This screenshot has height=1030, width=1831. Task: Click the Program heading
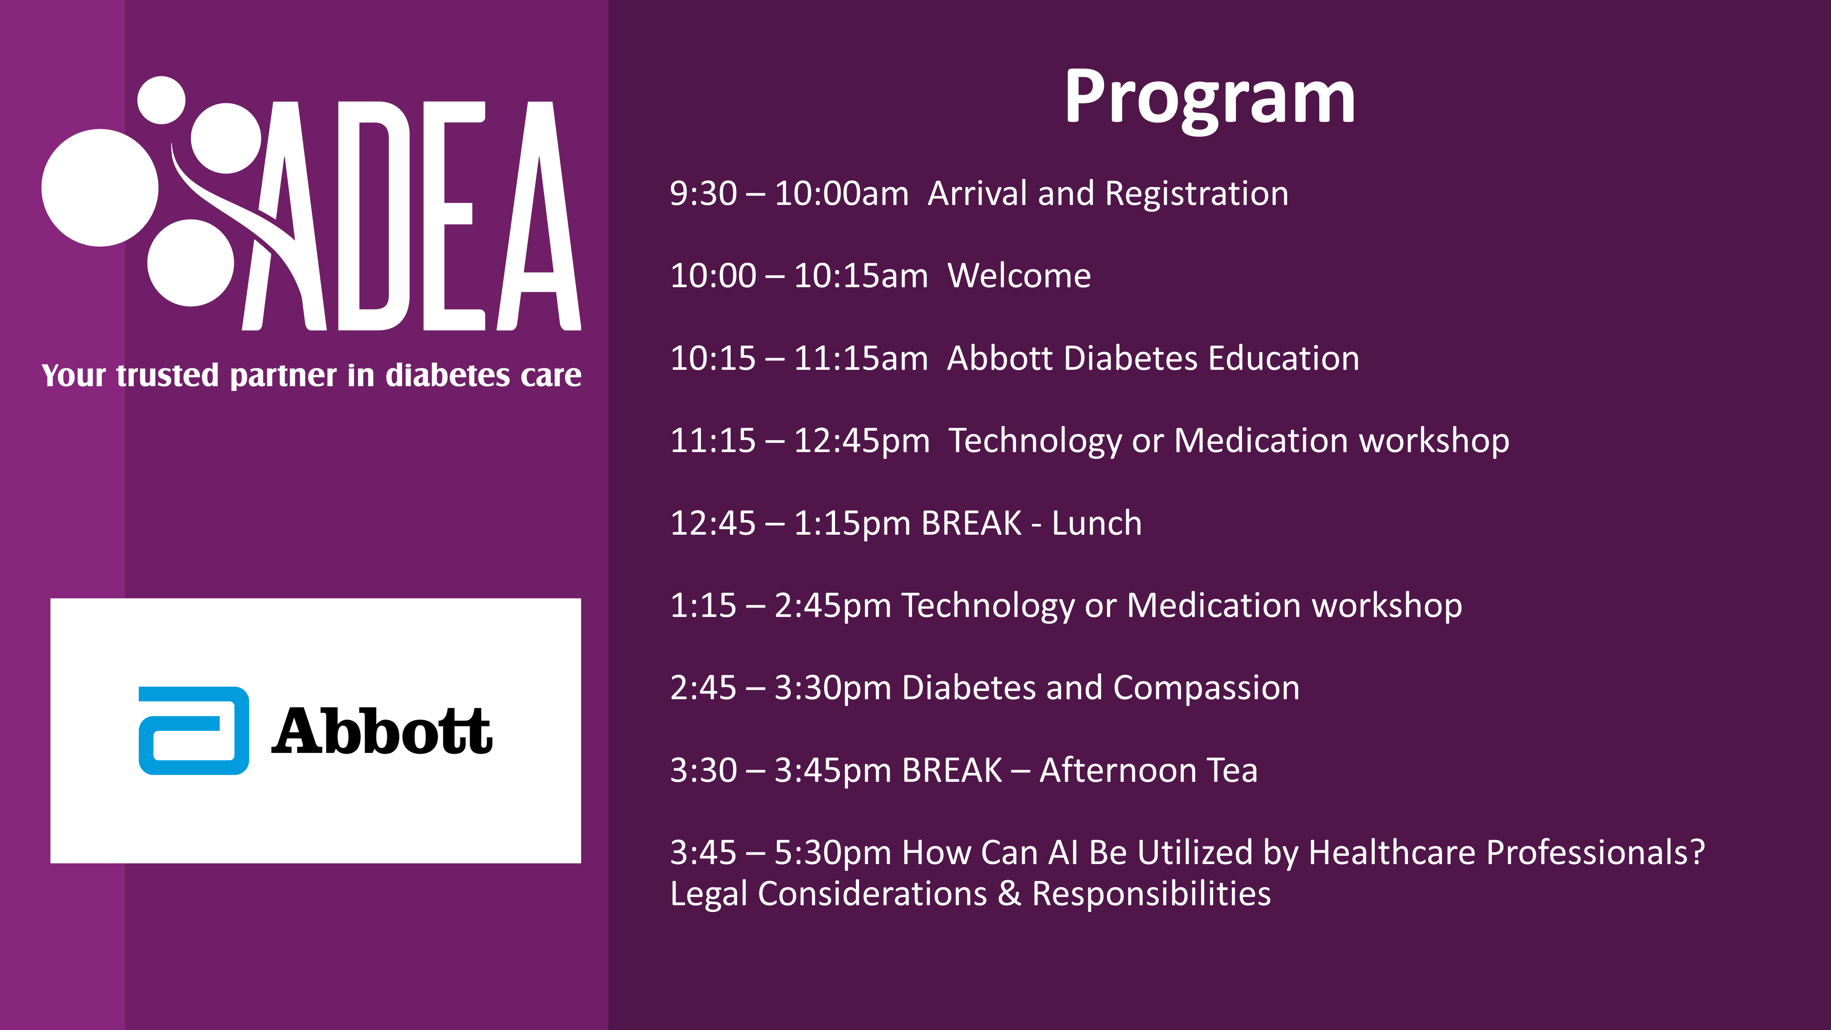coord(1210,99)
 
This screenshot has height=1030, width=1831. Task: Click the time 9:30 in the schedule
coord(703,193)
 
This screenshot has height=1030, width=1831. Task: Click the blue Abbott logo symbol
coord(193,731)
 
